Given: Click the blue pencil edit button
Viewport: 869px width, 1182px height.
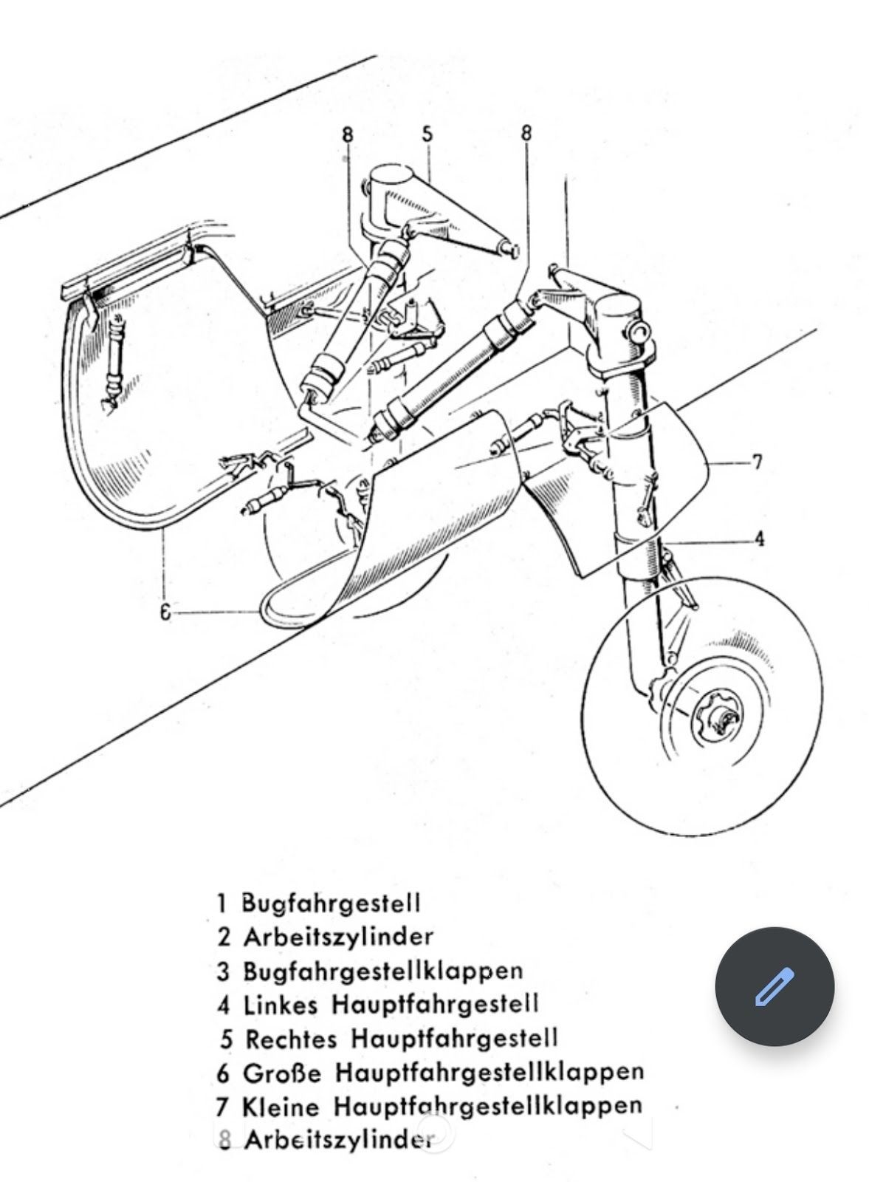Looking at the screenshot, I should point(774,986).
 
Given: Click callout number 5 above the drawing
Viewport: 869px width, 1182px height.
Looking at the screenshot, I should point(427,134).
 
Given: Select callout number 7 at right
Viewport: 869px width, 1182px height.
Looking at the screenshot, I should point(756,463).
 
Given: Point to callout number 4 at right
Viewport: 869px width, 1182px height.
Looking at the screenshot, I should point(759,539).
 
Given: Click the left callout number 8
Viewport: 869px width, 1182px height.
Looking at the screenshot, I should point(348,135).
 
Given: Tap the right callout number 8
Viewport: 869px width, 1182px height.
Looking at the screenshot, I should point(526,133).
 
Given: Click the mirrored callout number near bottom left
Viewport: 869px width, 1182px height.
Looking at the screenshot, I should point(167,612).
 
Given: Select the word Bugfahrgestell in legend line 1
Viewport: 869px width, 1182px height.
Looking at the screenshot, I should point(331,903).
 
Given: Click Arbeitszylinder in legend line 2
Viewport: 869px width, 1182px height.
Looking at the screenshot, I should point(337,937).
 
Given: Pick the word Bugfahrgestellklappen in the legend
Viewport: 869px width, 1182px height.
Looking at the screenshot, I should point(382,970).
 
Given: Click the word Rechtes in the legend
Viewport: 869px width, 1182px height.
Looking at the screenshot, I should point(291,1039).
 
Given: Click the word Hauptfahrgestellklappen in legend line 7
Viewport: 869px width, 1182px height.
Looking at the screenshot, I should point(487,1106).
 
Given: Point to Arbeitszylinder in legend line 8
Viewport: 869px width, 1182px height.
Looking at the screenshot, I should point(337,1140).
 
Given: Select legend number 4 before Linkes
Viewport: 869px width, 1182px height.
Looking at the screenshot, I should point(224,1005).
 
